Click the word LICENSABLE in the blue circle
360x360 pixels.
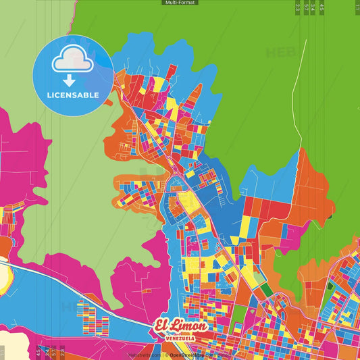tap(73, 95)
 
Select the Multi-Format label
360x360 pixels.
tap(179, 3)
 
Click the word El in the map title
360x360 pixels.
tap(163, 325)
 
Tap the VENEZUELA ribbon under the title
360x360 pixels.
tap(180, 337)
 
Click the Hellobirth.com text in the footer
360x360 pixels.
tap(145, 354)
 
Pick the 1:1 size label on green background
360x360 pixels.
tap(357, 7)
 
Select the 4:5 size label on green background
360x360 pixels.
tap(322, 7)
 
